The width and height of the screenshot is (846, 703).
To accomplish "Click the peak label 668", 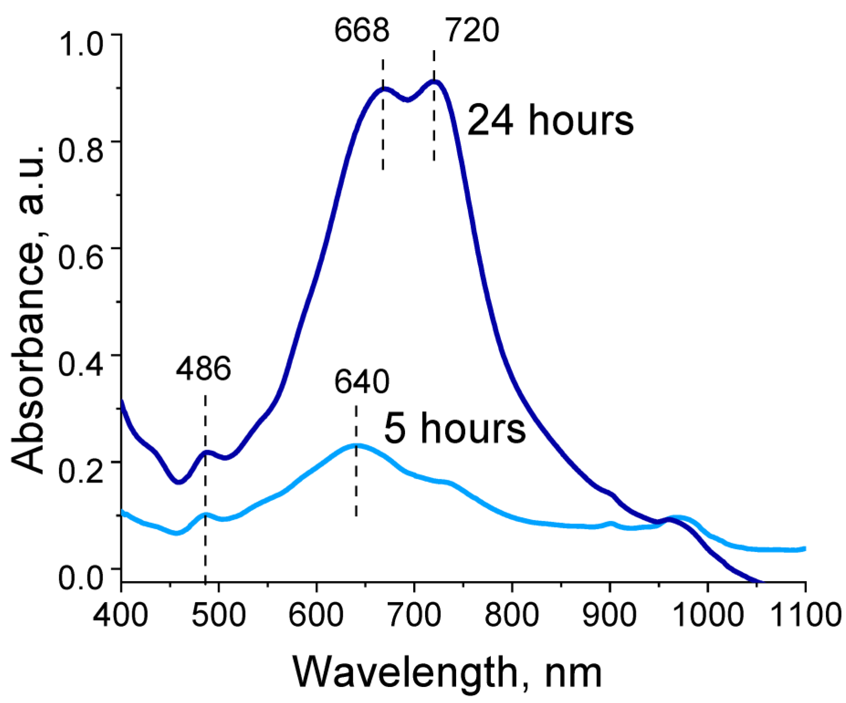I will coord(362,31).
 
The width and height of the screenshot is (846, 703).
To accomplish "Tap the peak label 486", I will coord(203,368).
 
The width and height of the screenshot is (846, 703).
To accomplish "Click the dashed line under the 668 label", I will coord(383,121).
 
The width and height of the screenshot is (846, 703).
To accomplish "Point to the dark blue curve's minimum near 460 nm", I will coord(179,482).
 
